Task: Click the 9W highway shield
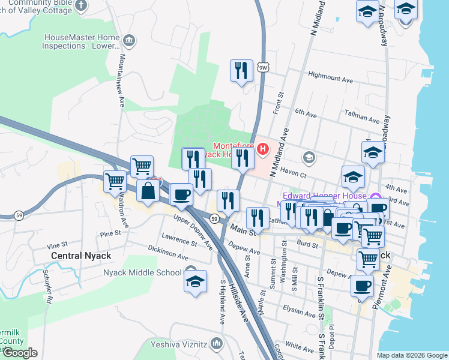tap(263, 67)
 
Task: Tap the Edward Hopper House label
tap(324, 196)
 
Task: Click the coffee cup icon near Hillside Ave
tap(181, 194)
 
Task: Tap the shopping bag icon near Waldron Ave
tap(148, 191)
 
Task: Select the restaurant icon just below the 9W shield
tap(241, 70)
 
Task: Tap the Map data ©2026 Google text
tap(411, 355)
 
